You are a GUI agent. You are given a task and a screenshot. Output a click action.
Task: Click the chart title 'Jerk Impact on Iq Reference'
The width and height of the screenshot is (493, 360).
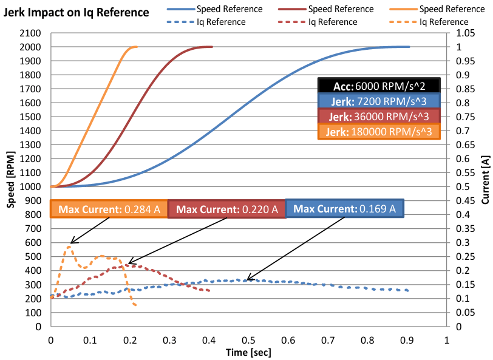coord(76,12)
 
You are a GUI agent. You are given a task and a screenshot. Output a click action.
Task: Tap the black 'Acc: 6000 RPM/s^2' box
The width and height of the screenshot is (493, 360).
coord(378,86)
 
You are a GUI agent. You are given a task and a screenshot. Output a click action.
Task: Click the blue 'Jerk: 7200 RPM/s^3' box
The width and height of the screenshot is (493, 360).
coord(378,101)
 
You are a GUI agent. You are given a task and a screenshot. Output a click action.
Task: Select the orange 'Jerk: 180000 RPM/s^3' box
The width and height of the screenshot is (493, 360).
coord(378,131)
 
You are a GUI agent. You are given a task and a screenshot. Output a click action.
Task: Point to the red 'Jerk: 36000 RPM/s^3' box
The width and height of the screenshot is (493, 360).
coord(378,116)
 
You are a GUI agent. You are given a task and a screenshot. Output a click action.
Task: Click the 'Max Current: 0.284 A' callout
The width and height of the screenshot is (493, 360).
coord(109,209)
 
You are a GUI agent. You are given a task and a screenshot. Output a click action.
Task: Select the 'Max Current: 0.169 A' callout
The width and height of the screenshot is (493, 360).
coord(344,209)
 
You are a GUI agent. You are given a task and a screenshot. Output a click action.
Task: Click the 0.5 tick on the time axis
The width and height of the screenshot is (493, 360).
coord(248,341)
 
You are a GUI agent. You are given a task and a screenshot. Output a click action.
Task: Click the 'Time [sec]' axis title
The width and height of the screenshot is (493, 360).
coord(248,352)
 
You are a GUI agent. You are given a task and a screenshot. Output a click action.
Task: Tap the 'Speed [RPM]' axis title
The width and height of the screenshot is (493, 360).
coord(11,186)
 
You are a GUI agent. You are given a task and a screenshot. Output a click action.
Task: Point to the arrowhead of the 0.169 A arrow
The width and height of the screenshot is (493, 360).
coord(247,280)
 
